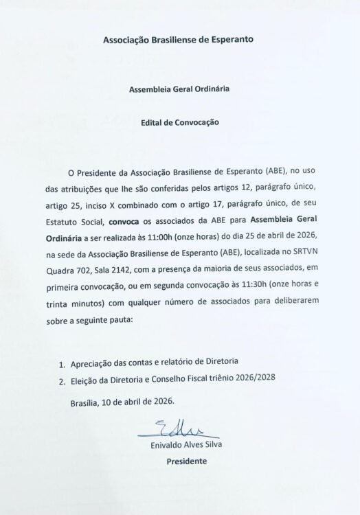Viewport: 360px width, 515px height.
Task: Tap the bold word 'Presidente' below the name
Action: [x=186, y=461]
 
